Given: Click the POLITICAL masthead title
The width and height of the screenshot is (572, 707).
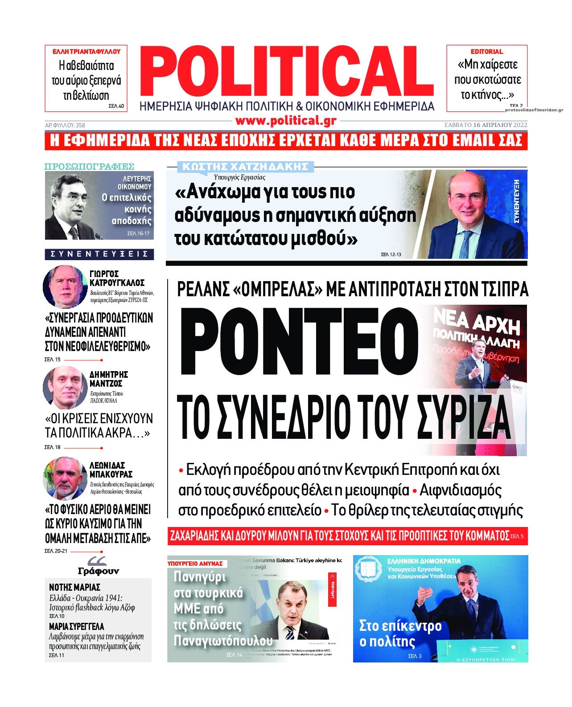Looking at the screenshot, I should click(x=288, y=71).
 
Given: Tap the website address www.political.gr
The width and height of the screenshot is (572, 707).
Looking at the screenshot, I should click(x=286, y=121).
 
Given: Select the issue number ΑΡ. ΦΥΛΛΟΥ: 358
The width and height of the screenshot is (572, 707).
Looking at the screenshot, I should click(x=65, y=125).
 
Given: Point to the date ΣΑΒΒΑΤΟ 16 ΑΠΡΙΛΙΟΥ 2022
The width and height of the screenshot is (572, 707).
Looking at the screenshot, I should click(x=486, y=125).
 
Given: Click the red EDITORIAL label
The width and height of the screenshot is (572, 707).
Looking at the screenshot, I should click(x=486, y=52).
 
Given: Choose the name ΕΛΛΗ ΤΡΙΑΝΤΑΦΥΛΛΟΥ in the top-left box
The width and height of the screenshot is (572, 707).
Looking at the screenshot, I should click(x=86, y=52).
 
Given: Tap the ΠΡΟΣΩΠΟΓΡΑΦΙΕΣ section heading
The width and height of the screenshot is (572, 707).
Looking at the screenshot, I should click(x=89, y=167).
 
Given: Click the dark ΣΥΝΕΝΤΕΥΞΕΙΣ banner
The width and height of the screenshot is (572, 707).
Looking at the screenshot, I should click(x=99, y=254).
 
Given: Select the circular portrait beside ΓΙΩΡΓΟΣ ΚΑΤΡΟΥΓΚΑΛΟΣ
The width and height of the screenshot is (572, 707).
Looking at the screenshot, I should click(x=65, y=286).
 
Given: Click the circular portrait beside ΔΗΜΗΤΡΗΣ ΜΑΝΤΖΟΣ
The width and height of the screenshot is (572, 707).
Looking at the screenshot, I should click(x=65, y=387).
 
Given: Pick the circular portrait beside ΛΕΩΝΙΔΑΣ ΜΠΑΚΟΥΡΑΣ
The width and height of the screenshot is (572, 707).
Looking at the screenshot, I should click(x=65, y=478).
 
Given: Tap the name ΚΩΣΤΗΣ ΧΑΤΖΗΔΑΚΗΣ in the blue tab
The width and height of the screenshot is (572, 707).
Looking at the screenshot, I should click(x=246, y=167).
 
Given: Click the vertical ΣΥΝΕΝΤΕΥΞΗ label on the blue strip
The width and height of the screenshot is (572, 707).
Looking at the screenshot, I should click(x=517, y=201).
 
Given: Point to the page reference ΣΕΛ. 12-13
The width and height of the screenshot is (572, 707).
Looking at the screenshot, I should click(x=391, y=254).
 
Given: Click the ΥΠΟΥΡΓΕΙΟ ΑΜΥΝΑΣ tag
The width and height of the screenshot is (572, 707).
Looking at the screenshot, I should click(x=195, y=564).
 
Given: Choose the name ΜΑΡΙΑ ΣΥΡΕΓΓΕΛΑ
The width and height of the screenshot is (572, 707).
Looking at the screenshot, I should click(x=76, y=626).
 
